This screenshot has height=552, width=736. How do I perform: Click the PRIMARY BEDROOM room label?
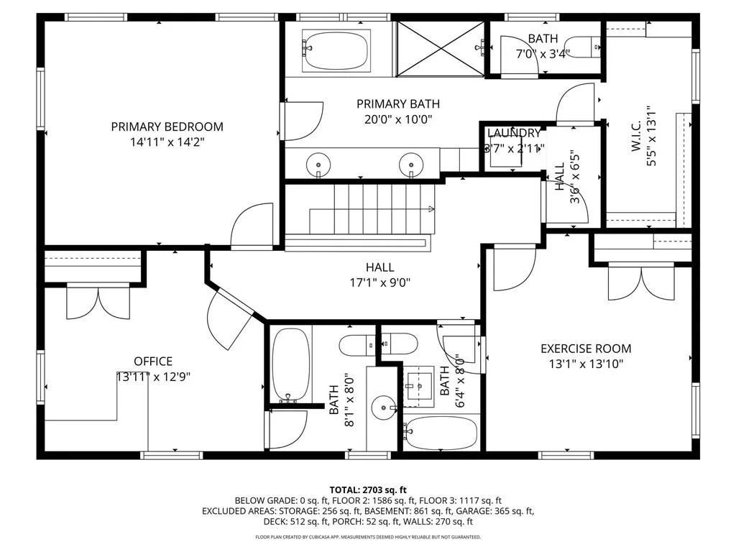coord(167,126)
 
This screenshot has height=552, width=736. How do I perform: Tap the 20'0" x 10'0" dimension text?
coord(397,119)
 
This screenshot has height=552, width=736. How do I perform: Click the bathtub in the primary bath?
coord(335,50)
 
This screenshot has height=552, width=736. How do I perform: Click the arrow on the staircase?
coord(431,209)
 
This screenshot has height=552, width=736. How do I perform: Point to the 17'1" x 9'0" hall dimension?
coord(379,282)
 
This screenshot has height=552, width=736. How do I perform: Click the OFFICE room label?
coord(153,361)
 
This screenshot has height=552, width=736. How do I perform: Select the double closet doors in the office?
coord(98,301)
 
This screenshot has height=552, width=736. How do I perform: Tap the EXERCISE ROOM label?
coord(586,349)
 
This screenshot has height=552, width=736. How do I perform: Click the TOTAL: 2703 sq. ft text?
coord(367,488)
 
